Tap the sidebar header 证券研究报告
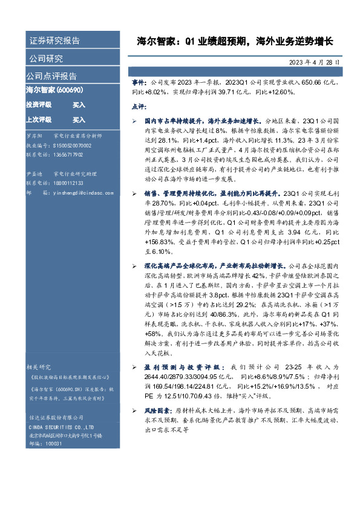point(54,41)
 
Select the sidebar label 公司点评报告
point(51,76)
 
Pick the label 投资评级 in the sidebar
point(38,105)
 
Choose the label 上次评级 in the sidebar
point(38,120)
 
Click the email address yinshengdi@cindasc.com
point(75,192)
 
